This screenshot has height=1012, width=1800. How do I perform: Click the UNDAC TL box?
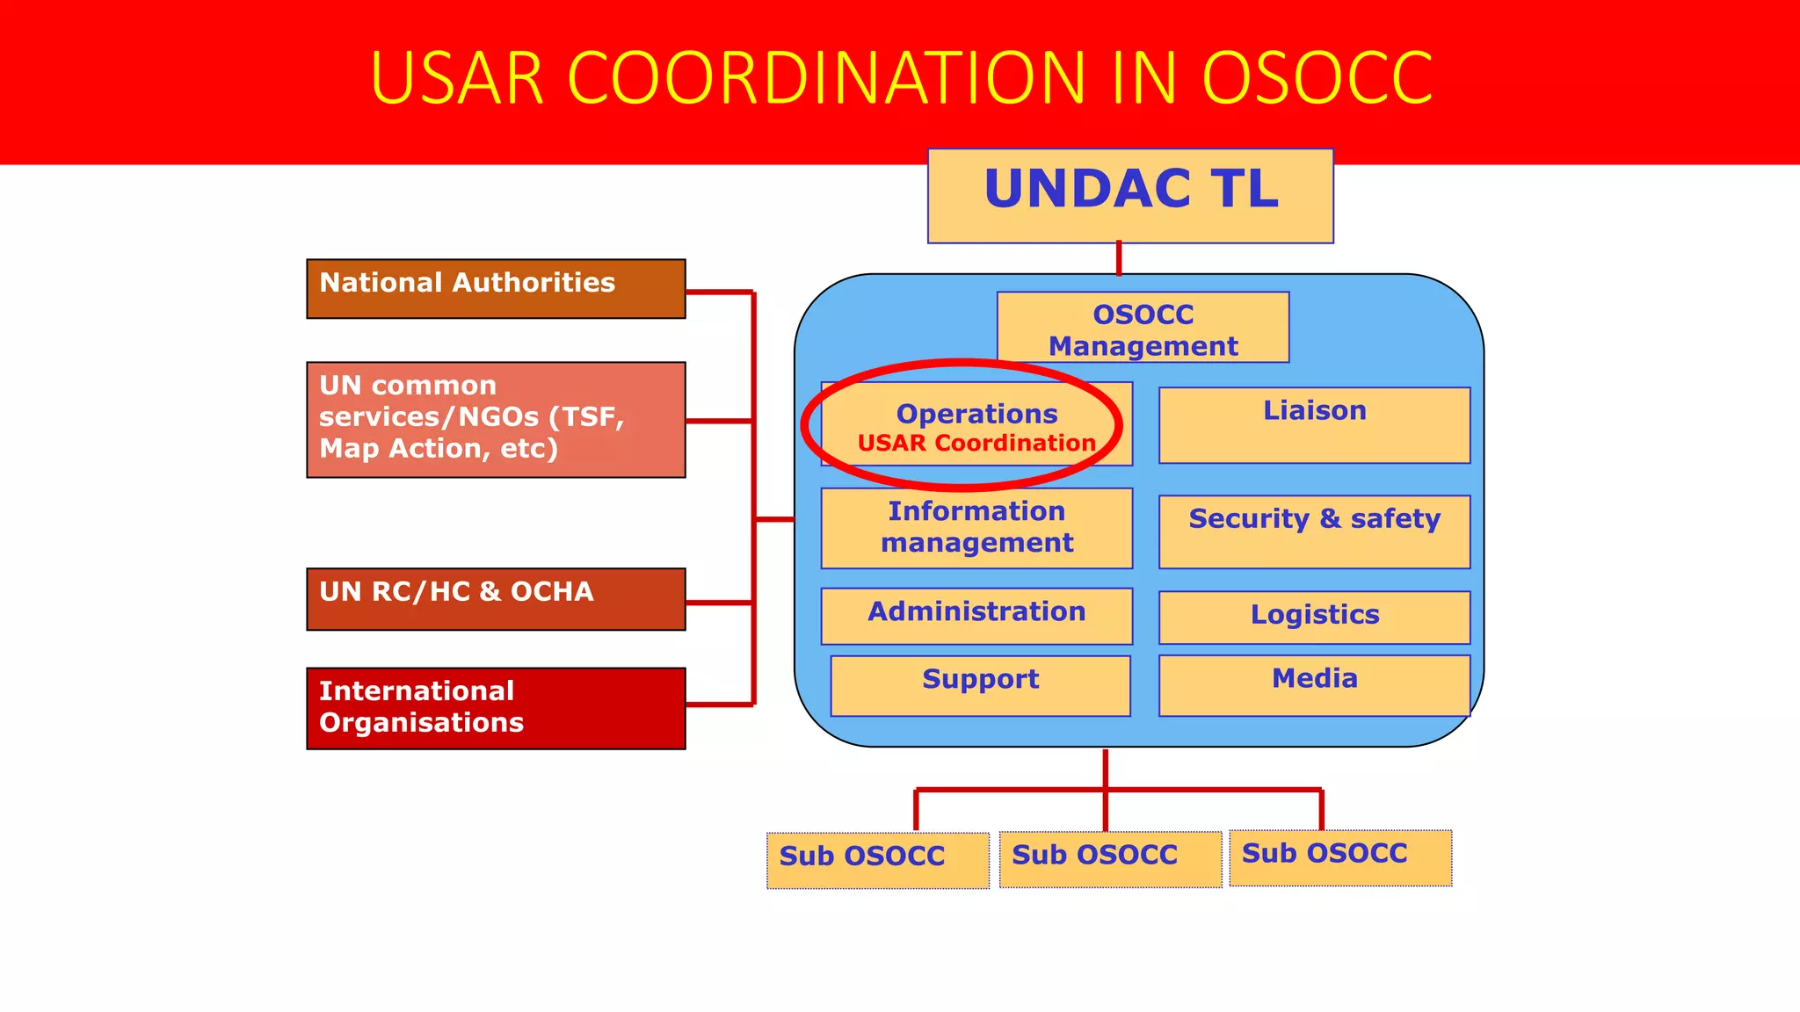[1130, 195]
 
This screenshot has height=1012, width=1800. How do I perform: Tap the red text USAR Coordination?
[976, 444]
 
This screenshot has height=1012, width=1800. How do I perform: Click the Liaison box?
[1314, 425]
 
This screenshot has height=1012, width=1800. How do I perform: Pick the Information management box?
[976, 528]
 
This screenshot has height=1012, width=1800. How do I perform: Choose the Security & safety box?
[1314, 531]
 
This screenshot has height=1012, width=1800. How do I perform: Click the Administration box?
[976, 615]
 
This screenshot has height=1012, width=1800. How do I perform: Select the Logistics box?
[1314, 617]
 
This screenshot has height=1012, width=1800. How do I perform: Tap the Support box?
[980, 685]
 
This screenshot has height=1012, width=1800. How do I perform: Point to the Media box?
[1314, 685]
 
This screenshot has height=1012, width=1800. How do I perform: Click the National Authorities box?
[496, 288]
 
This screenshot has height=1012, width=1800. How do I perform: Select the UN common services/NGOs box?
[496, 419]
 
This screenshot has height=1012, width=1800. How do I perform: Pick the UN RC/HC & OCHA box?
[496, 598]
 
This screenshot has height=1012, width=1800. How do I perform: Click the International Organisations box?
[496, 708]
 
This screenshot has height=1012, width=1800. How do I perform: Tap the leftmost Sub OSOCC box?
[877, 860]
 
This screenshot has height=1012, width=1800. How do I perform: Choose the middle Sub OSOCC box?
[1110, 859]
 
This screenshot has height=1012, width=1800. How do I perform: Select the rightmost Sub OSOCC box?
[1340, 857]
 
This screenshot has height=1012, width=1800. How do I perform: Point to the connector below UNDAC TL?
[1118, 258]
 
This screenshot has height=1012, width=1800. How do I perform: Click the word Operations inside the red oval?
[976, 414]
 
